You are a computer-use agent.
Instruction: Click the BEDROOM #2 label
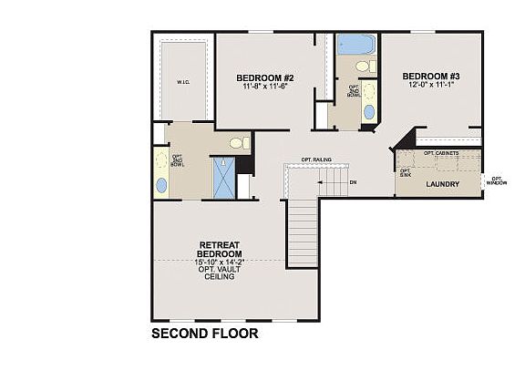262,77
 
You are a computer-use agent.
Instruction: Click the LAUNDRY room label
442,184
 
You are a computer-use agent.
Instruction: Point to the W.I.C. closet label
182,82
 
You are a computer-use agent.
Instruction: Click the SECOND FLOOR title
204,334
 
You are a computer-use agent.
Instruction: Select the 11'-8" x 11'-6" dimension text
262,87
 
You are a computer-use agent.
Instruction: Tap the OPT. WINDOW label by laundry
496,180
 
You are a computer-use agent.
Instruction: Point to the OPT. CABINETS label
441,153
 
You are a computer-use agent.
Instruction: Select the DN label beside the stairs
353,181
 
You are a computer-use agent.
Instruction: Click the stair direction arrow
321,181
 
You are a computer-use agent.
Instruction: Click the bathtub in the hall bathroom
355,45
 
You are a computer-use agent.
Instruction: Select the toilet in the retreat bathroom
238,143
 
